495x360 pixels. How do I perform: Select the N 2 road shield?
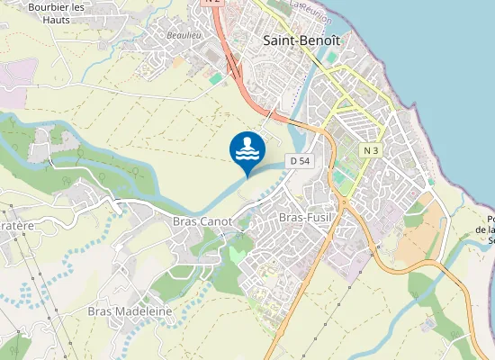coord(212,2)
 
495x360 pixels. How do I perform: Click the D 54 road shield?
coord(300,160)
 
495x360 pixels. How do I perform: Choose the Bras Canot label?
coord(202,221)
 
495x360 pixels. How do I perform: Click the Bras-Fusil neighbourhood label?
coord(306,217)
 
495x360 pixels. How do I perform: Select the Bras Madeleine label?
coord(130,311)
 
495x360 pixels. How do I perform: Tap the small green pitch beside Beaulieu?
coord(215,79)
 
